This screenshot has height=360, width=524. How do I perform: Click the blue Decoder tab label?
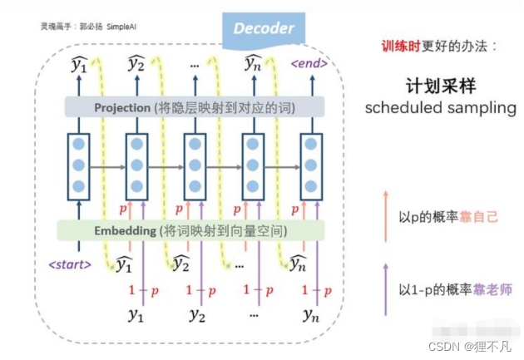tap(263, 28)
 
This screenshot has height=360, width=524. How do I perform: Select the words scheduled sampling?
tap(441, 108)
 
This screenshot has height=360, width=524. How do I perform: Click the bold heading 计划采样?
tap(441, 86)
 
